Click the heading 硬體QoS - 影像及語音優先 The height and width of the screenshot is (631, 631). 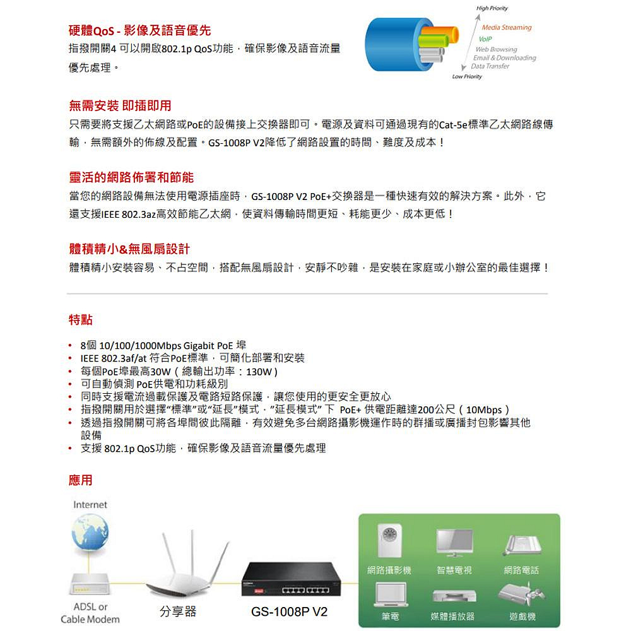click(139, 30)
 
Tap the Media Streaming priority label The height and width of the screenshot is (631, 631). click(506, 28)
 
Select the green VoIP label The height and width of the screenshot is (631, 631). click(485, 39)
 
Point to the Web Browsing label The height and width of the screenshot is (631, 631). click(496, 49)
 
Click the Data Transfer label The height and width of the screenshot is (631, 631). click(490, 66)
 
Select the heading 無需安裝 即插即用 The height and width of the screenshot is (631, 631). click(120, 105)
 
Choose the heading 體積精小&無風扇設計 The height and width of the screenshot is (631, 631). click(129, 249)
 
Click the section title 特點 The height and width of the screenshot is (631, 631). click(80, 320)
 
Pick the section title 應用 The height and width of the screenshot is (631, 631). click(80, 480)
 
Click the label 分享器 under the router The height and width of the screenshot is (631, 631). click(178, 611)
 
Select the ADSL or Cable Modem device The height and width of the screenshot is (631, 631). click(90, 584)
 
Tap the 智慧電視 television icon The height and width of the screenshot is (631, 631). click(454, 543)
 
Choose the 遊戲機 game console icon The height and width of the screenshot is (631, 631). click(522, 593)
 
